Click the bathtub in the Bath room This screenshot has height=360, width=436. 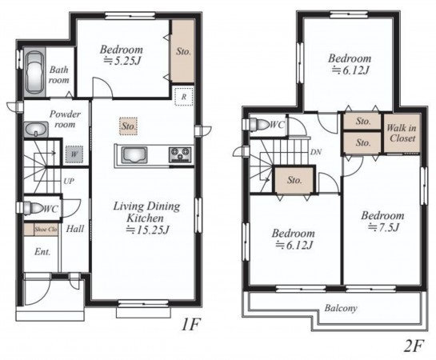(x=34, y=72)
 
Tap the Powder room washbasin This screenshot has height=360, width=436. (x=35, y=130)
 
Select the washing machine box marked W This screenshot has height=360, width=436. (x=74, y=154)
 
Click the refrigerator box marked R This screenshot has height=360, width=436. (x=184, y=96)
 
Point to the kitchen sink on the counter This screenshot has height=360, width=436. (x=135, y=156)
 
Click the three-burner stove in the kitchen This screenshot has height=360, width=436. (x=180, y=155)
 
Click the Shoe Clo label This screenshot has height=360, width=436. (x=46, y=230)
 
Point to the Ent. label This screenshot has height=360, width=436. (x=42, y=252)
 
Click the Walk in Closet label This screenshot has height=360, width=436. (x=402, y=133)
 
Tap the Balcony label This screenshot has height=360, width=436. (x=341, y=308)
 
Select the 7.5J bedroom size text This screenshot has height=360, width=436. (x=384, y=227)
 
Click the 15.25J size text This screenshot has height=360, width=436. (x=147, y=230)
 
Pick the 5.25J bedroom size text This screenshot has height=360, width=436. (x=122, y=60)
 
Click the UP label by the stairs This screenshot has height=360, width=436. (x=69, y=182)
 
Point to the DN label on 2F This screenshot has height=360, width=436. (x=316, y=152)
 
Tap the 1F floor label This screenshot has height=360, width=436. (x=190, y=325)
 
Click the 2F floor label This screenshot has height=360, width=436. (x=414, y=346)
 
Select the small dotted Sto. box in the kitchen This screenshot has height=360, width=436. (x=128, y=126)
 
